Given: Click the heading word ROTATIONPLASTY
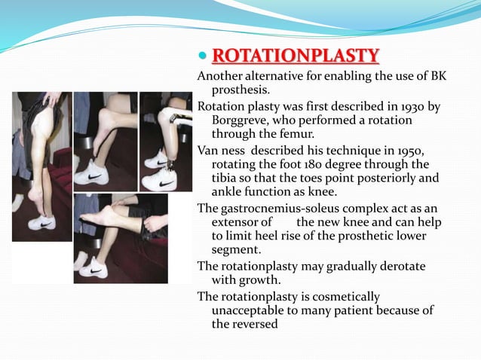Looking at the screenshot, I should point(296,56).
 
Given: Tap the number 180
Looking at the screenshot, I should point(329,164).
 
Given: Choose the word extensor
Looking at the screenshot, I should point(240,222).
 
